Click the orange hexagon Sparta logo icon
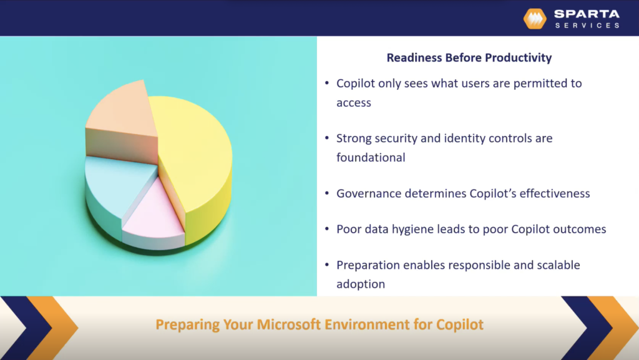tap(535, 19)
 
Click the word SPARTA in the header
tap(587, 14)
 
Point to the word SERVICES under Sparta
tap(587, 26)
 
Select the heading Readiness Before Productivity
tap(469, 58)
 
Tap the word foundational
tap(371, 158)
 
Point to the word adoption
tap(361, 285)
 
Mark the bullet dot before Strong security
tap(328, 139)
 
